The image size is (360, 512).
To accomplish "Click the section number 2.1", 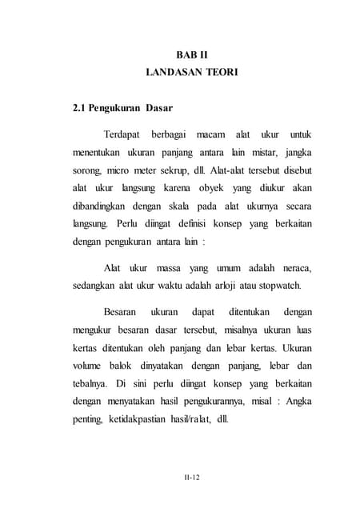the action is [x=81, y=107].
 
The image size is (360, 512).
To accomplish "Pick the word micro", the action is [x=121, y=170].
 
